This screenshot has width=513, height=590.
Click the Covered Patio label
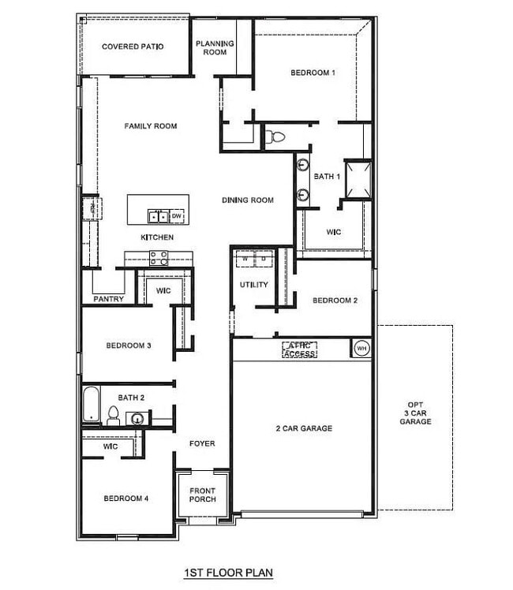pos(133,47)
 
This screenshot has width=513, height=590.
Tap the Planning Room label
pos(211,47)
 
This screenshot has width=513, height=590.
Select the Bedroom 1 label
pos(313,73)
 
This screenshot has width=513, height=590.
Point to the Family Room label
pos(150,125)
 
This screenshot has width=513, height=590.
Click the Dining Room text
pos(247,200)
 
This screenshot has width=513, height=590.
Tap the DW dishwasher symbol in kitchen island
pos(177,215)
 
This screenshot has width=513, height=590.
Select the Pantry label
pos(107,299)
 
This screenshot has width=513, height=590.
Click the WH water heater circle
pos(361,347)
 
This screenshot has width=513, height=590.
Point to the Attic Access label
pos(300,349)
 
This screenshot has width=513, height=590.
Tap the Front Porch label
pos(203,495)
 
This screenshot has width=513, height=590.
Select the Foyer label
pos(202,443)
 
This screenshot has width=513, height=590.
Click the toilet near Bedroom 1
pos(274,136)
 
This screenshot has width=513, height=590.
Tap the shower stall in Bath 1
pos(356,177)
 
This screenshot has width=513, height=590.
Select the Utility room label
pos(254,285)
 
